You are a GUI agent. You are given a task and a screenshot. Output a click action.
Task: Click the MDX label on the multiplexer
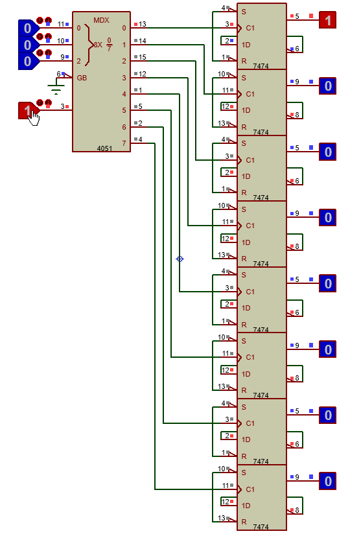(x=101, y=20)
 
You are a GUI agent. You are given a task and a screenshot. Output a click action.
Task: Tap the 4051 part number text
(x=104, y=148)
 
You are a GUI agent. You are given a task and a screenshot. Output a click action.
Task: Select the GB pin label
(x=82, y=78)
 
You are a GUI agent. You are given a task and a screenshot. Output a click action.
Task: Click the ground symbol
(x=56, y=88)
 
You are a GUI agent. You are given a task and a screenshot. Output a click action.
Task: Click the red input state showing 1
(x=27, y=110)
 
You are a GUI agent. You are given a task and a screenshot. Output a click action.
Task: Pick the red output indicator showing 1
(x=328, y=20)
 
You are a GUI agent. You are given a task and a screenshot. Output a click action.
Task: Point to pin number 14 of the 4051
(x=143, y=41)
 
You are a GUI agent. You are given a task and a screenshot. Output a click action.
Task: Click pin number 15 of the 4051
(x=143, y=57)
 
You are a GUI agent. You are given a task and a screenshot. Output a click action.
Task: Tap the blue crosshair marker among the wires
(x=180, y=259)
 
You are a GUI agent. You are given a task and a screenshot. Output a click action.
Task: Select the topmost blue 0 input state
(x=28, y=28)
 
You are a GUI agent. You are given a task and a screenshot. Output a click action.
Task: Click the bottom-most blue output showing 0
(x=328, y=481)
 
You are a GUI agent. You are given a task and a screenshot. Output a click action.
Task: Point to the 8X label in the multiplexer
(x=98, y=45)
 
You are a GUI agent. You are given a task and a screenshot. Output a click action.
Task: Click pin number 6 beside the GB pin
(x=59, y=74)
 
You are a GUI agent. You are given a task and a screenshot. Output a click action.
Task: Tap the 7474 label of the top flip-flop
(x=261, y=66)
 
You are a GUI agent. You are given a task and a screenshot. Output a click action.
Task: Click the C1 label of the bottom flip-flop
(x=250, y=489)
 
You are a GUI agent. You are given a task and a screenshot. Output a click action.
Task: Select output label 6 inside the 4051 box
(x=124, y=127)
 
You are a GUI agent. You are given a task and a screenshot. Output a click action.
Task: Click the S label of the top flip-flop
(x=244, y=12)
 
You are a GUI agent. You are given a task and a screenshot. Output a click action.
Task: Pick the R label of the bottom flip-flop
(x=244, y=522)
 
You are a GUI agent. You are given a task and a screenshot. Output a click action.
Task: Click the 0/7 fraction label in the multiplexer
(x=109, y=45)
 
